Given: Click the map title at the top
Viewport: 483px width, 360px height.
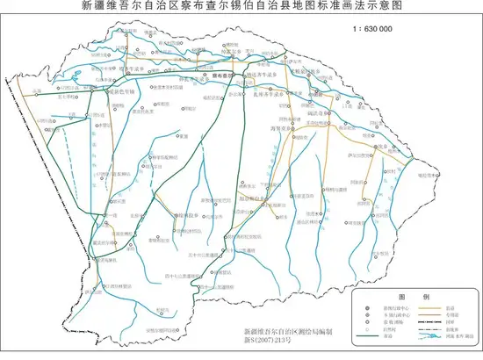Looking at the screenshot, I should [x=241, y=7].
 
